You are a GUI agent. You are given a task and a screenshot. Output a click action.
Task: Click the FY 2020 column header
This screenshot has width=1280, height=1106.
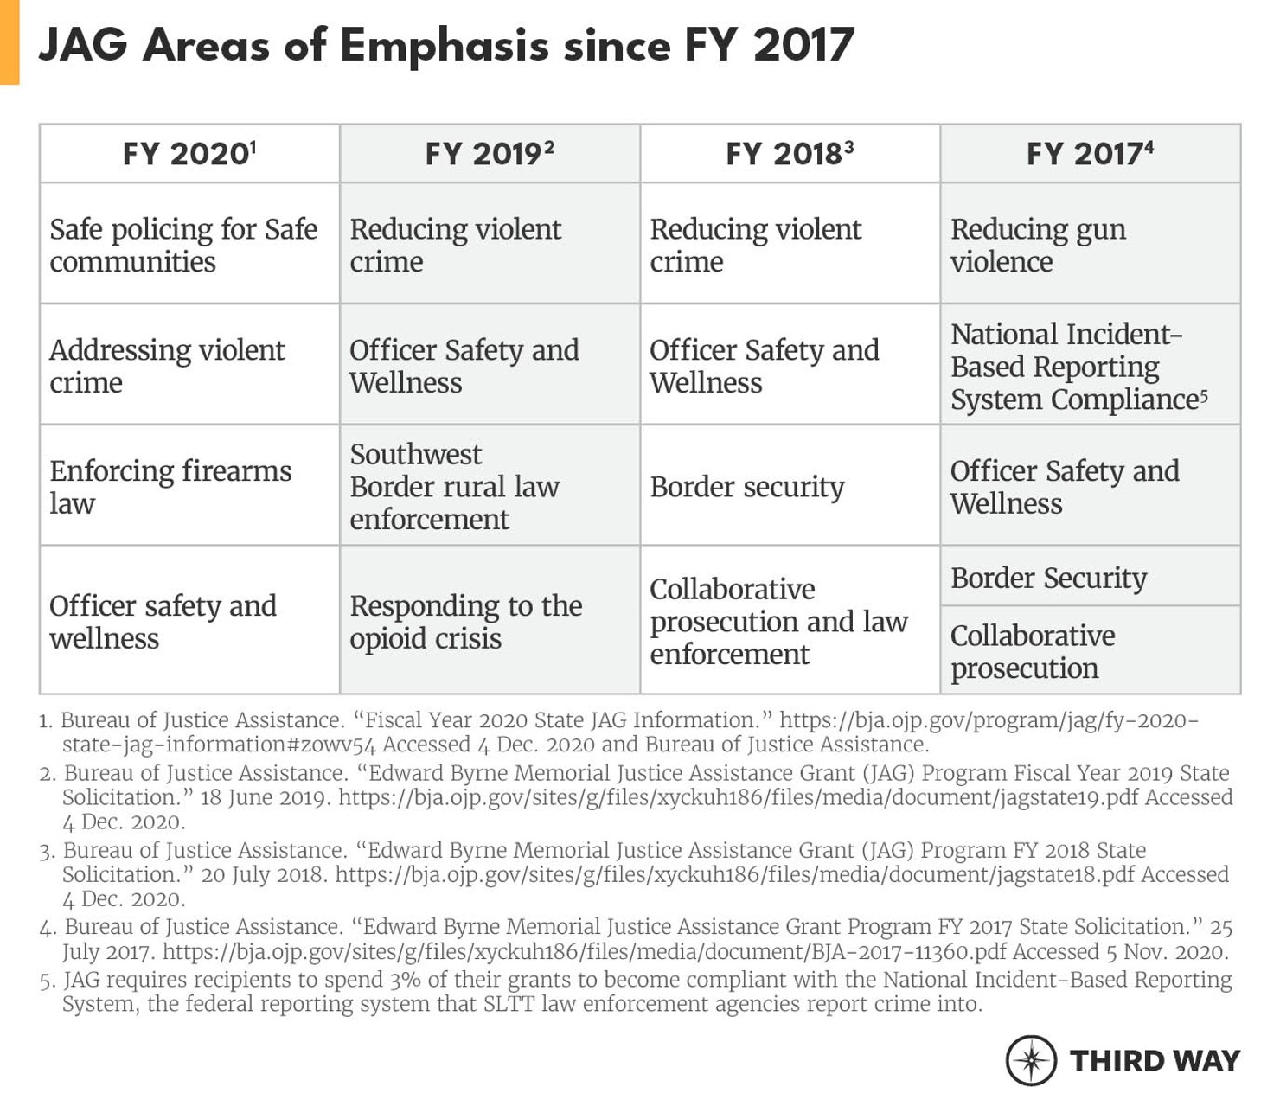[189, 154]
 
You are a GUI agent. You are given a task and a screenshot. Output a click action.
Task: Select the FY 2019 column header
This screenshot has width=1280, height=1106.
[490, 154]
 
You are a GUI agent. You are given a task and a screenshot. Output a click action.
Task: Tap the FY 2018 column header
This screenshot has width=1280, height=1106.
[790, 154]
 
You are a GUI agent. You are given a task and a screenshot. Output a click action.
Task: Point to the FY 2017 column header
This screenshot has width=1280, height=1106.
[1090, 154]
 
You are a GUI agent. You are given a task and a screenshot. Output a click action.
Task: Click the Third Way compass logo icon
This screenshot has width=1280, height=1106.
[1031, 1060]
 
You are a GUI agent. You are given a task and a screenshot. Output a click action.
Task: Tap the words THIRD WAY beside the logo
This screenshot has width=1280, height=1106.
[1155, 1060]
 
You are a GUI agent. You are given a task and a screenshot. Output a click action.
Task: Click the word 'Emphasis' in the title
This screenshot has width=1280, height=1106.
[445, 45]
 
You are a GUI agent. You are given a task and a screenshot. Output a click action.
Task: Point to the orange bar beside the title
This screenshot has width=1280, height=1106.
[10, 42]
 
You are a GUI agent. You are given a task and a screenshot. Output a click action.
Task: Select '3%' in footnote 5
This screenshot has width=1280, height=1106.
[404, 980]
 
